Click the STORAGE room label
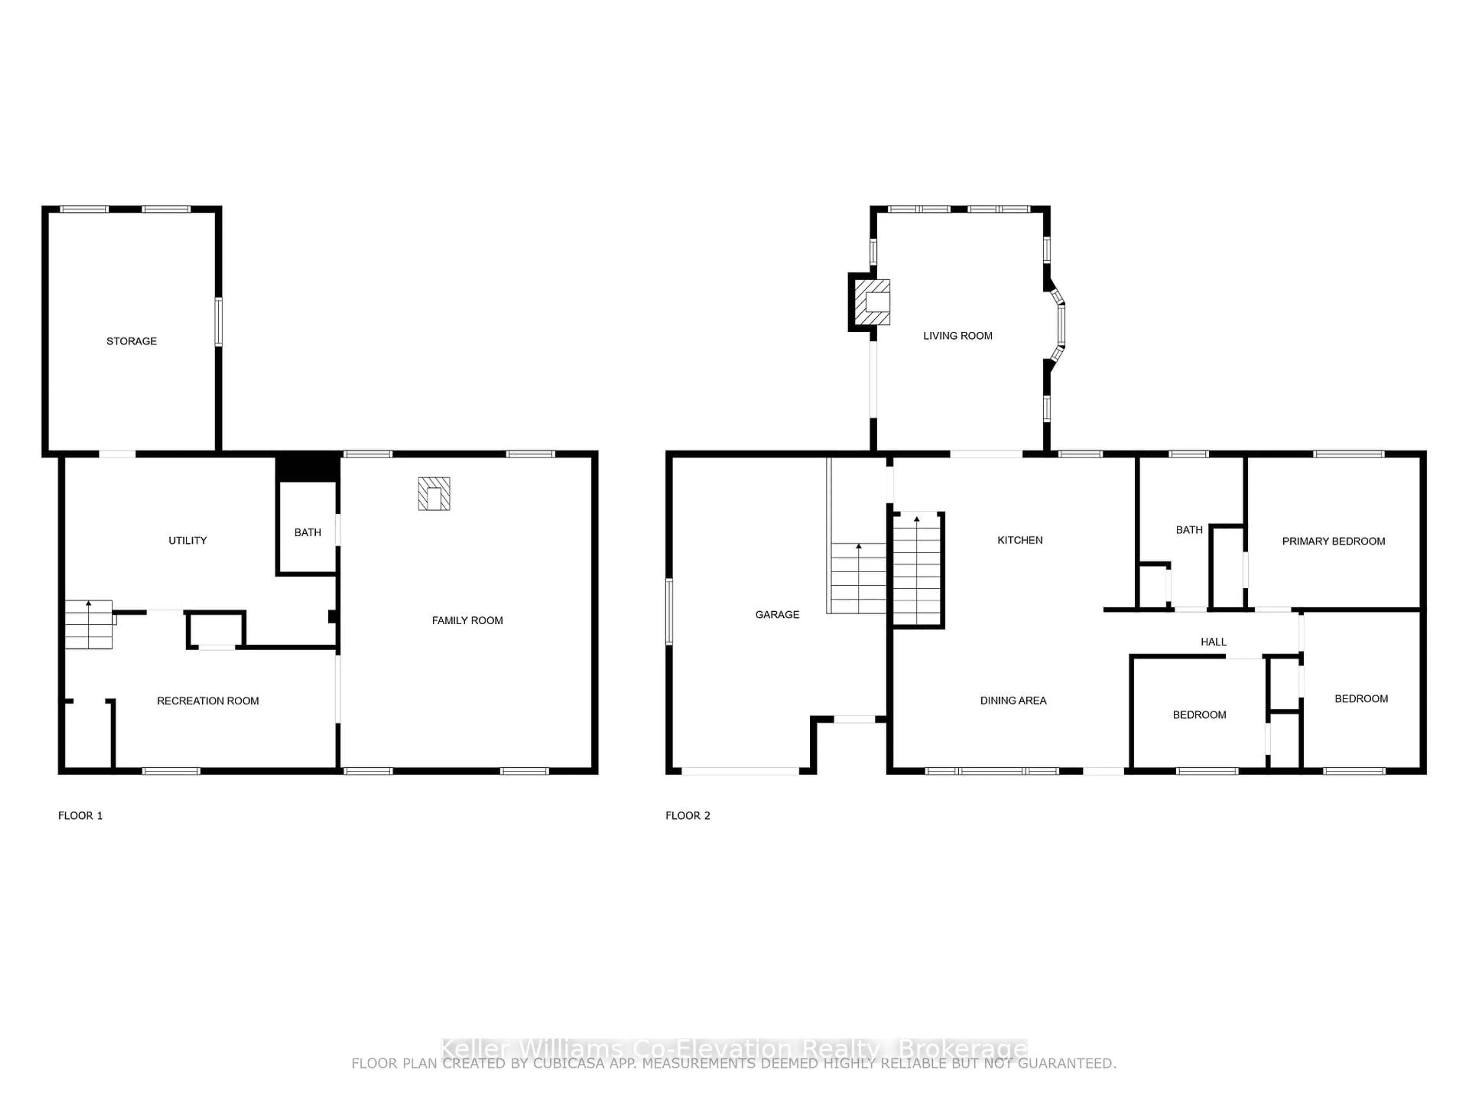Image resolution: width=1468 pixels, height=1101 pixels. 132,341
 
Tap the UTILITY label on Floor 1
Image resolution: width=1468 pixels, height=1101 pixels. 187,540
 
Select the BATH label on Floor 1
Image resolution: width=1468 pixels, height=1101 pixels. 307,532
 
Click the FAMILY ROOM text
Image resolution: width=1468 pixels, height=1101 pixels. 467,620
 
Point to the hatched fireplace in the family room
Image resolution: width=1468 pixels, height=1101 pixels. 434,494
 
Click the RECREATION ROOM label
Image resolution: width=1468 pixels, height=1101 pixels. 208,701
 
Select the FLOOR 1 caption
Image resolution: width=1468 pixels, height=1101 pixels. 80,816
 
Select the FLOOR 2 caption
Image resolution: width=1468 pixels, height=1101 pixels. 687,816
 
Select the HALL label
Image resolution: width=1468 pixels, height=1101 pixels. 1213,642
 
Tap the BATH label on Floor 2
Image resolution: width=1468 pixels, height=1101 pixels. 1189,529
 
